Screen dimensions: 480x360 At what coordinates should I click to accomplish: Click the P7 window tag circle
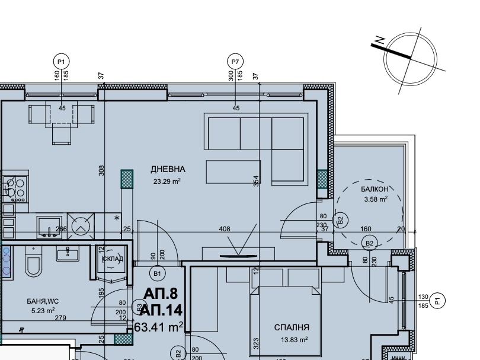pos(235,62)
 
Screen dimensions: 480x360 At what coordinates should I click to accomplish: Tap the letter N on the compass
pos(380,40)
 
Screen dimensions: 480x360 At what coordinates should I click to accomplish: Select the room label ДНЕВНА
pos(168,169)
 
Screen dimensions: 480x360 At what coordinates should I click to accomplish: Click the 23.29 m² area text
pos(167,181)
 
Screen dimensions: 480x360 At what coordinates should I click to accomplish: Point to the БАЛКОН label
pos(375,189)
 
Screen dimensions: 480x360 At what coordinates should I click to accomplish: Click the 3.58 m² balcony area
pos(376,199)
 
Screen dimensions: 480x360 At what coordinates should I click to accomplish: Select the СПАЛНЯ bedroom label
pos(292,327)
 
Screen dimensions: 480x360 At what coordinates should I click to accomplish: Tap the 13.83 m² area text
pos(294,339)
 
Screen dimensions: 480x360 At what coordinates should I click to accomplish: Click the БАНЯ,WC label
pos(43,301)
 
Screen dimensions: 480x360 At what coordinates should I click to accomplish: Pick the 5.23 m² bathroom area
pos(43,311)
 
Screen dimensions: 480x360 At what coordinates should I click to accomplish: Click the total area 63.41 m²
pos(159,327)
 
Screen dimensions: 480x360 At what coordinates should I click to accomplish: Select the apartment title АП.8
pos(161,294)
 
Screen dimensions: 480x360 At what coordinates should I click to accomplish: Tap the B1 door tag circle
pos(158,273)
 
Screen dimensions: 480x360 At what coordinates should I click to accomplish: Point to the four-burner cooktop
pos(15,189)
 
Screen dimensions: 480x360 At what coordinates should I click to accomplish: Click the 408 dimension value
pos(225,229)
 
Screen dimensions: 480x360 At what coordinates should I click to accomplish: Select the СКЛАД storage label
pos(113,259)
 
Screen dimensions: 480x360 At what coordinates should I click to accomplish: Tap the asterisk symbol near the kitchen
pos(117,218)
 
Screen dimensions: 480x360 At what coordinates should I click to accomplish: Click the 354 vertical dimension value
pos(257,181)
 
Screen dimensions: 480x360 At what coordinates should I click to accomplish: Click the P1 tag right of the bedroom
pos(437,301)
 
